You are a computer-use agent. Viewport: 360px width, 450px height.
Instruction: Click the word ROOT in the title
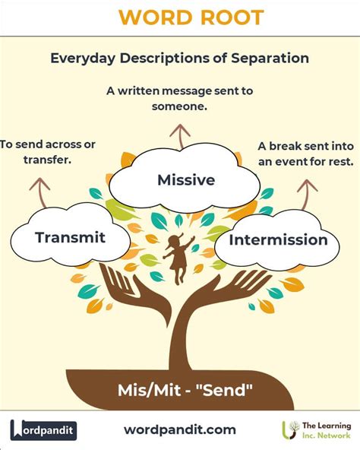[232, 17]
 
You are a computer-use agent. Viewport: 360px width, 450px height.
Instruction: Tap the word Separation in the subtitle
[270, 58]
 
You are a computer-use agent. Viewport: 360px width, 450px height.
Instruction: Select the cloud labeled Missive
[185, 179]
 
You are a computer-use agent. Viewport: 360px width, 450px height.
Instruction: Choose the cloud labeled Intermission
[277, 240]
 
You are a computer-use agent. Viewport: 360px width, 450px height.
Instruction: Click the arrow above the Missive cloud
[180, 137]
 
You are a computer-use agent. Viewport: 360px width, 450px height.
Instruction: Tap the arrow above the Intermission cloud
[306, 195]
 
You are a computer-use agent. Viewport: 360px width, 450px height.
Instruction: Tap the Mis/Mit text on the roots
[149, 390]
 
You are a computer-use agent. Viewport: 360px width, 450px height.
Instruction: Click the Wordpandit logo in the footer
[43, 430]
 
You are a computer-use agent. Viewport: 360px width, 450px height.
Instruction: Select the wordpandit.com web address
[180, 430]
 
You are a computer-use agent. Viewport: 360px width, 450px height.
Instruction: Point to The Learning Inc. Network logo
[317, 430]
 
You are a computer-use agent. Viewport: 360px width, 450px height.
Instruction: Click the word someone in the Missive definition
[179, 106]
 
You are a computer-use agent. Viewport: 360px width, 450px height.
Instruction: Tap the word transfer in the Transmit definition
[47, 160]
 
